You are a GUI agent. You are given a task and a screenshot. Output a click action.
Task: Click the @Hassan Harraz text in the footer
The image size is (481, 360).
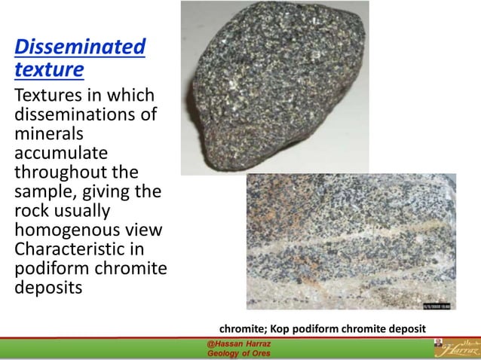(237, 344)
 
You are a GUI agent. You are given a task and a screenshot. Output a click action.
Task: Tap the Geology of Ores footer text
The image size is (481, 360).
(237, 354)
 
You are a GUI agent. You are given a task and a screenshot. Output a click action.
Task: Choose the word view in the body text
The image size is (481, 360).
(144, 230)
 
